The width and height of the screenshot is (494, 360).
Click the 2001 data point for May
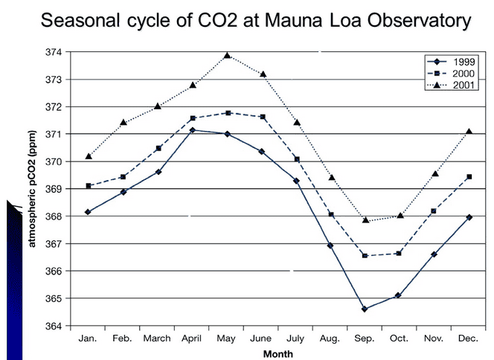[227, 55]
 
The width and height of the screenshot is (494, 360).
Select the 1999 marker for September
[365, 309]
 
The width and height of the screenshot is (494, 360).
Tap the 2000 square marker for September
[365, 255]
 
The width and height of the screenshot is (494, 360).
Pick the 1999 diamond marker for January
[89, 212]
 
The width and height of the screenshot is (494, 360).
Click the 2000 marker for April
[193, 118]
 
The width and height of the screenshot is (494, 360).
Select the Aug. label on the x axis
[330, 338]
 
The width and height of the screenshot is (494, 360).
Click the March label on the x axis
[158, 338]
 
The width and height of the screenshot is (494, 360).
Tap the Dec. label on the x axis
[467, 338]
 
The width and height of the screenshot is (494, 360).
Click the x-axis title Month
[278, 353]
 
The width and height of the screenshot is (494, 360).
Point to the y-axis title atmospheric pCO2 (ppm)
[33, 190]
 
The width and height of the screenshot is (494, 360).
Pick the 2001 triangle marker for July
[296, 122]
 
